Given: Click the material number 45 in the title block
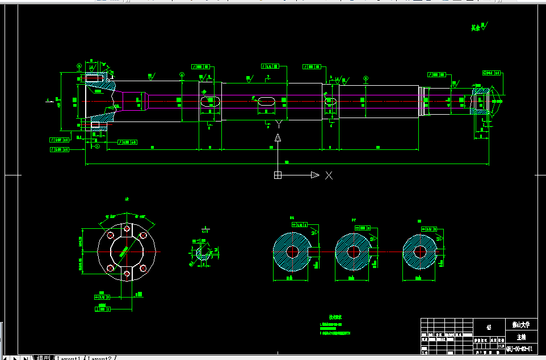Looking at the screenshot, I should tap(489, 327).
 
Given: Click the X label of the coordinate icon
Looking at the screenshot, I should tap(329, 175).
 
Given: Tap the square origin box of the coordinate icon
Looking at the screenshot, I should tap(278, 175).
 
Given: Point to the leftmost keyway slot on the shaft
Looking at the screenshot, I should tap(209, 101).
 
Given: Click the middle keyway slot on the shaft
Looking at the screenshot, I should tap(266, 101).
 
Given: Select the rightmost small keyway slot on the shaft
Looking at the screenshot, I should tap(330, 101).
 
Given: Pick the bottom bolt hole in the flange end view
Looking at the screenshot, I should tap(126, 275).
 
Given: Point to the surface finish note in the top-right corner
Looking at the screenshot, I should tap(478, 27).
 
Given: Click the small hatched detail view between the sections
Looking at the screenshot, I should tap(203, 251).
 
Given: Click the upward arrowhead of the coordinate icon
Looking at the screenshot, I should tap(278, 138).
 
